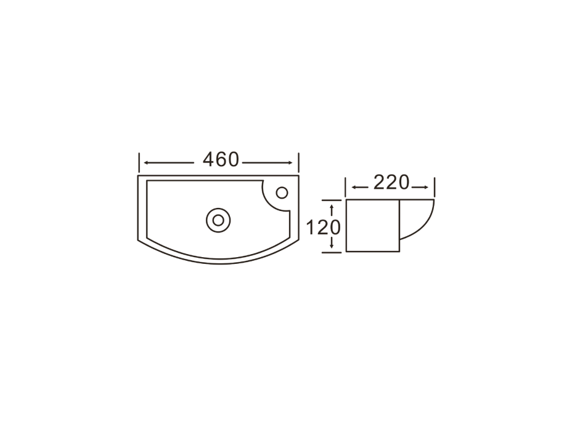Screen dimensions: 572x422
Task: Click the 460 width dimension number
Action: pyautogui.click(x=221, y=159)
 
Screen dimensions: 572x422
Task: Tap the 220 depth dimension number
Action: pyautogui.click(x=391, y=183)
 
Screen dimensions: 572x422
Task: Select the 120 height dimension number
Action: pyautogui.click(x=323, y=228)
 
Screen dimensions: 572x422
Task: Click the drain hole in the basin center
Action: pyautogui.click(x=218, y=220)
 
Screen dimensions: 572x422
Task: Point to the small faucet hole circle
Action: pyautogui.click(x=282, y=193)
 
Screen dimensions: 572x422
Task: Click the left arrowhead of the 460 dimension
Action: pyautogui.click(x=146, y=163)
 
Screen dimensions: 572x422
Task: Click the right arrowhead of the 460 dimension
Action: pyautogui.click(x=290, y=163)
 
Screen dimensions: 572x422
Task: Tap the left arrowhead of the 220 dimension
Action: pyautogui.click(x=354, y=188)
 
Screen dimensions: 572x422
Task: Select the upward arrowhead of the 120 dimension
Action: pyautogui.click(x=332, y=207)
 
